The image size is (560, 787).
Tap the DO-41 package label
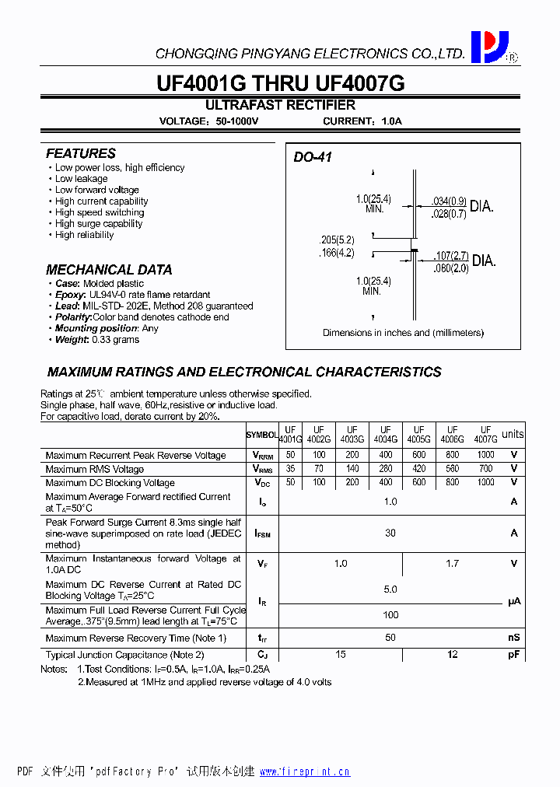coord(313,157)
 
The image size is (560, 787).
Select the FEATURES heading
coord(81,153)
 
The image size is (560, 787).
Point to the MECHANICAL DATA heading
coord(109,270)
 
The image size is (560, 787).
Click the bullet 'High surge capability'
coord(99,223)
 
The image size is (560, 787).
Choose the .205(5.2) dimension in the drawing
coord(336,240)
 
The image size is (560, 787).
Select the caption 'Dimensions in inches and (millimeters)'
coord(403,333)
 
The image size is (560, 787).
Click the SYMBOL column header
coord(262,435)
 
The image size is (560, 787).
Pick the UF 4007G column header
coord(486,435)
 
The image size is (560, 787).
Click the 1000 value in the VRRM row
coord(486,455)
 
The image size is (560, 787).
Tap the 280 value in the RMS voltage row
coord(386,469)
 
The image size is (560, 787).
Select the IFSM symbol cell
coord(262,533)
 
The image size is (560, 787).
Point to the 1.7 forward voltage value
coord(453,564)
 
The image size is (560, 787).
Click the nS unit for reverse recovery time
coord(513,638)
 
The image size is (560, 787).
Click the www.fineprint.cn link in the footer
coord(304,771)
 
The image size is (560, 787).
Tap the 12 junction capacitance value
coord(453,655)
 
